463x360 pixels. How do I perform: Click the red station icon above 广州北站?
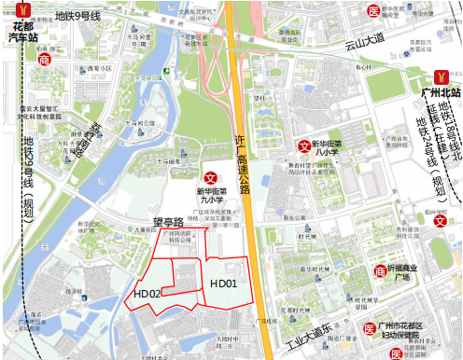(442, 75)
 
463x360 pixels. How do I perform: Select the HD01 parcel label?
(224, 284)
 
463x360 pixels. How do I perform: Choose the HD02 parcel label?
(147, 294)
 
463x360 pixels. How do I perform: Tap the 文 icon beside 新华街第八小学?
(303, 146)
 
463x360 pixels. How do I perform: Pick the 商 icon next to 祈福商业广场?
(380, 271)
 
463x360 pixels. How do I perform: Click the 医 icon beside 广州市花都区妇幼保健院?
(371, 328)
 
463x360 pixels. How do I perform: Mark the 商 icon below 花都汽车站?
(45, 59)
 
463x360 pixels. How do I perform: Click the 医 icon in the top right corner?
(372, 11)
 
